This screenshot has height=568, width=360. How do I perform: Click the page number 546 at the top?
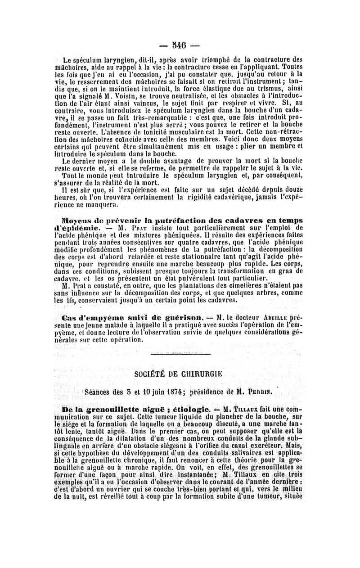click(x=180, y=45)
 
